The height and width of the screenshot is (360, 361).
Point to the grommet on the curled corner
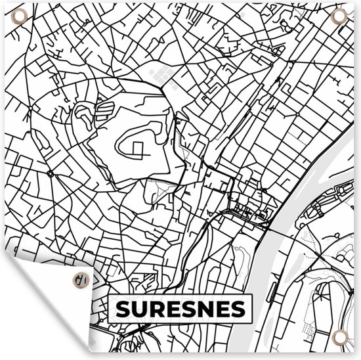79,279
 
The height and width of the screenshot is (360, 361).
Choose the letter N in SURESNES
206,308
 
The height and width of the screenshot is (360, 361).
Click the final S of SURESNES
239,308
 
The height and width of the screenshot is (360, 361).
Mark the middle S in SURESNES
189,308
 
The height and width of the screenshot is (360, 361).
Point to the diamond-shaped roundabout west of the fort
51,174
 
